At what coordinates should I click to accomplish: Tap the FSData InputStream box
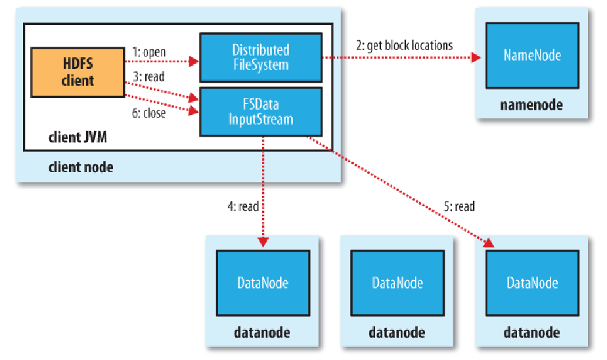pos(260,112)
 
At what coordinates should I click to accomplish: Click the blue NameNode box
pos(532,56)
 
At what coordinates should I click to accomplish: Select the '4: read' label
pos(239,206)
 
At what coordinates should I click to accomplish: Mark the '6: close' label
pos(148,112)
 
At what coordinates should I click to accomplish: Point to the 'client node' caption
pos(80,167)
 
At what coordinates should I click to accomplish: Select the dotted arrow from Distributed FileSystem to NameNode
pos(401,58)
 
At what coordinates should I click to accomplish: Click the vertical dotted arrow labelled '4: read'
pos(263,191)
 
